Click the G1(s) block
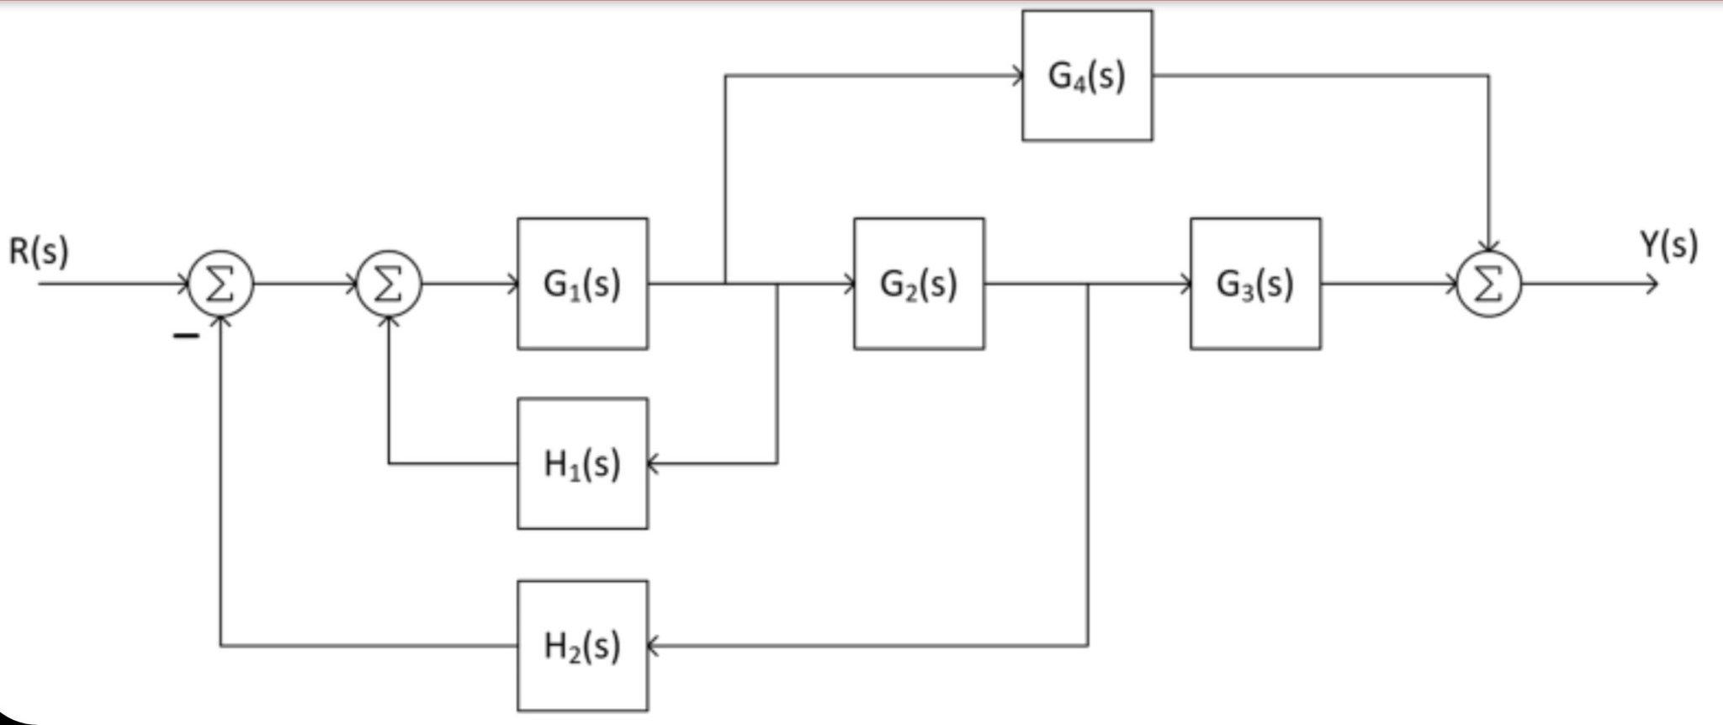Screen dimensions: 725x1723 click(x=582, y=284)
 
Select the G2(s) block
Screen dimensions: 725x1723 click(x=919, y=284)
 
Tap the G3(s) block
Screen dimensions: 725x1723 click(x=1255, y=284)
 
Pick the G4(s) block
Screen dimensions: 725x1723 click(x=1087, y=76)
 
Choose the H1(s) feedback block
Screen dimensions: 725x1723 click(x=582, y=463)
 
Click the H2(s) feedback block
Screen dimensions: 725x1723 click(x=582, y=646)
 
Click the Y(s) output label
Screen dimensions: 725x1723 click(x=1669, y=246)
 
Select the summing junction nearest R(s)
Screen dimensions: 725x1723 click(x=220, y=285)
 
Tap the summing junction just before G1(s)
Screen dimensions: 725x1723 click(x=389, y=285)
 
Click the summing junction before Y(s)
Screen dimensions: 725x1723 click(x=1489, y=285)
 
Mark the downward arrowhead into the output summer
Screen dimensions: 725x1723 click(x=1489, y=247)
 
